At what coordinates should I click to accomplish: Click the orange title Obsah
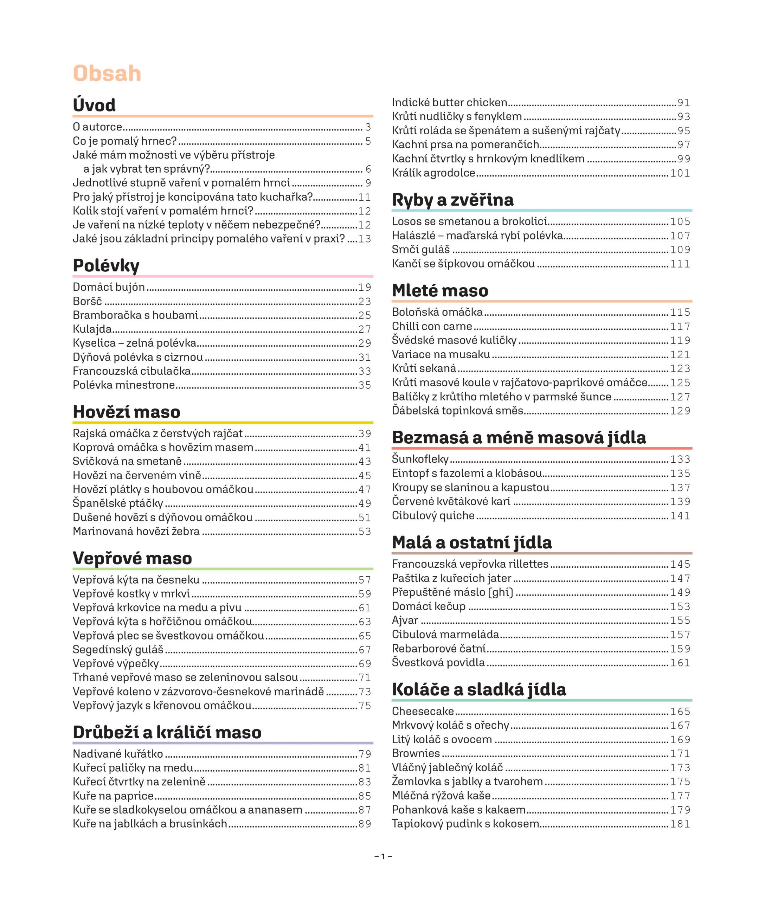(x=107, y=73)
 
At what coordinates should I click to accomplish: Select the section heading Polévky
(x=106, y=265)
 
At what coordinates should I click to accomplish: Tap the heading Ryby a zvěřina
(x=452, y=200)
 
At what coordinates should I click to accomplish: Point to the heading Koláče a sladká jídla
(x=479, y=689)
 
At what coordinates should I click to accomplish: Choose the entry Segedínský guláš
(x=118, y=649)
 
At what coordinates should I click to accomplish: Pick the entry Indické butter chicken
(x=449, y=102)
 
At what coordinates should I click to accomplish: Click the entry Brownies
(x=416, y=753)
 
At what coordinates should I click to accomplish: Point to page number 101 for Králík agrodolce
(x=680, y=173)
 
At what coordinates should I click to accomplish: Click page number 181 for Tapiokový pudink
(x=680, y=824)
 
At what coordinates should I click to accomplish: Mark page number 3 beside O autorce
(x=368, y=127)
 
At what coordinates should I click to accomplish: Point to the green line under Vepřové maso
(x=223, y=568)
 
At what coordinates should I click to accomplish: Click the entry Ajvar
(x=405, y=620)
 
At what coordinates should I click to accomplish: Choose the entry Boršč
(x=87, y=301)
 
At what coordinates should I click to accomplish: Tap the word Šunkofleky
(x=420, y=458)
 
